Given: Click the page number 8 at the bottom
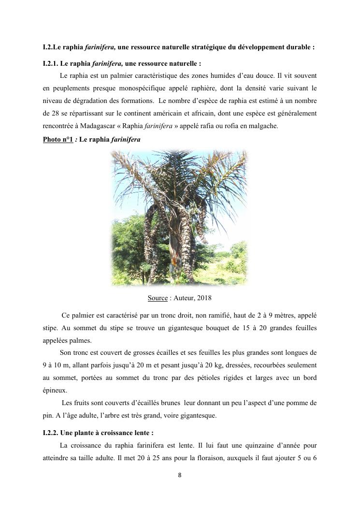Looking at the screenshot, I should coord(180,475).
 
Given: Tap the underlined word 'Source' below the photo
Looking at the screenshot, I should coord(158,298).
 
